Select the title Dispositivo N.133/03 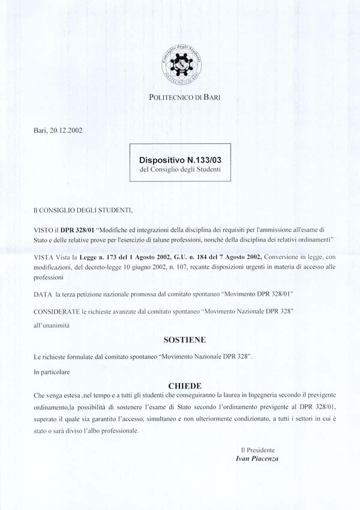tap(180, 161)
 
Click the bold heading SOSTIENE tap(184, 340)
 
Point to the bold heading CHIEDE tap(185, 386)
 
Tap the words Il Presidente tap(258, 449)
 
